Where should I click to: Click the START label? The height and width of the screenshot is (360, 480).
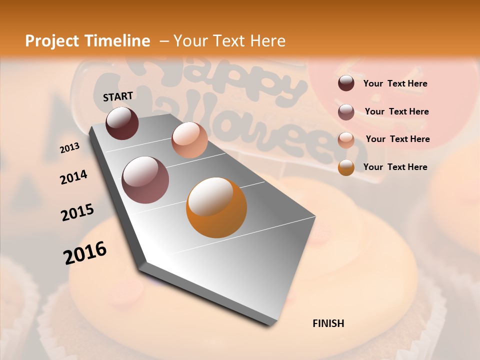click(x=118, y=96)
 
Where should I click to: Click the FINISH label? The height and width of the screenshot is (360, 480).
click(x=328, y=323)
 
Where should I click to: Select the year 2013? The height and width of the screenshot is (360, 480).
click(x=69, y=148)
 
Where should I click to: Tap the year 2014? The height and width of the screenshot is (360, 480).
click(x=73, y=177)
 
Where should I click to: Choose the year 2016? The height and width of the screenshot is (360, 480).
click(x=85, y=252)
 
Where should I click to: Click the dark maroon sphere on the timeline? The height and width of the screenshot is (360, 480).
click(x=122, y=123)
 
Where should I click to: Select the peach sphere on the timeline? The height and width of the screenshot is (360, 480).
click(x=189, y=139)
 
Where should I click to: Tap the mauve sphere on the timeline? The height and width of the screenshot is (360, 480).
click(x=145, y=180)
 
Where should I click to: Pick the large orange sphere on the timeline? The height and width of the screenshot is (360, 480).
click(x=216, y=207)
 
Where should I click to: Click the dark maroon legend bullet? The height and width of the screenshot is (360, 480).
click(x=346, y=83)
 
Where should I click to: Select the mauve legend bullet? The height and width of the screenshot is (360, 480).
click(x=346, y=112)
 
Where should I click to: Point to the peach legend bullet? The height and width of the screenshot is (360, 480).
click(x=346, y=139)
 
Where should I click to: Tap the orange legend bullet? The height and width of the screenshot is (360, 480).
click(x=346, y=167)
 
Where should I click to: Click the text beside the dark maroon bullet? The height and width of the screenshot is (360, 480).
click(x=395, y=83)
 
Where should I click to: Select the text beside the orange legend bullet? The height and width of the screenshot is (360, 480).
click(x=395, y=167)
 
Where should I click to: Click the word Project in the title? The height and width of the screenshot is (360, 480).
click(x=52, y=41)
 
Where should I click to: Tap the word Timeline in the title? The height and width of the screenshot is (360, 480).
click(x=119, y=41)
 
